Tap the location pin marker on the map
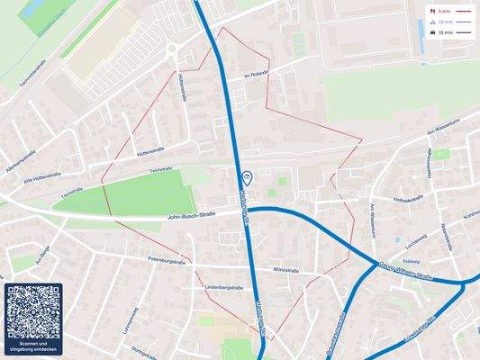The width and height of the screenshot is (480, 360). pyautogui.click(x=247, y=176)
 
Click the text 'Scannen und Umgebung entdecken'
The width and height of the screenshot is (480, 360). pyautogui.click(x=33, y=346)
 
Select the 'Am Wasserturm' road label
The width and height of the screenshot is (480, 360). pyautogui.click(x=442, y=131)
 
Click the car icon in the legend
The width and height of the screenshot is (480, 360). pyautogui.click(x=433, y=31)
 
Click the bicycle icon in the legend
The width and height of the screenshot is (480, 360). pyautogui.click(x=433, y=22)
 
